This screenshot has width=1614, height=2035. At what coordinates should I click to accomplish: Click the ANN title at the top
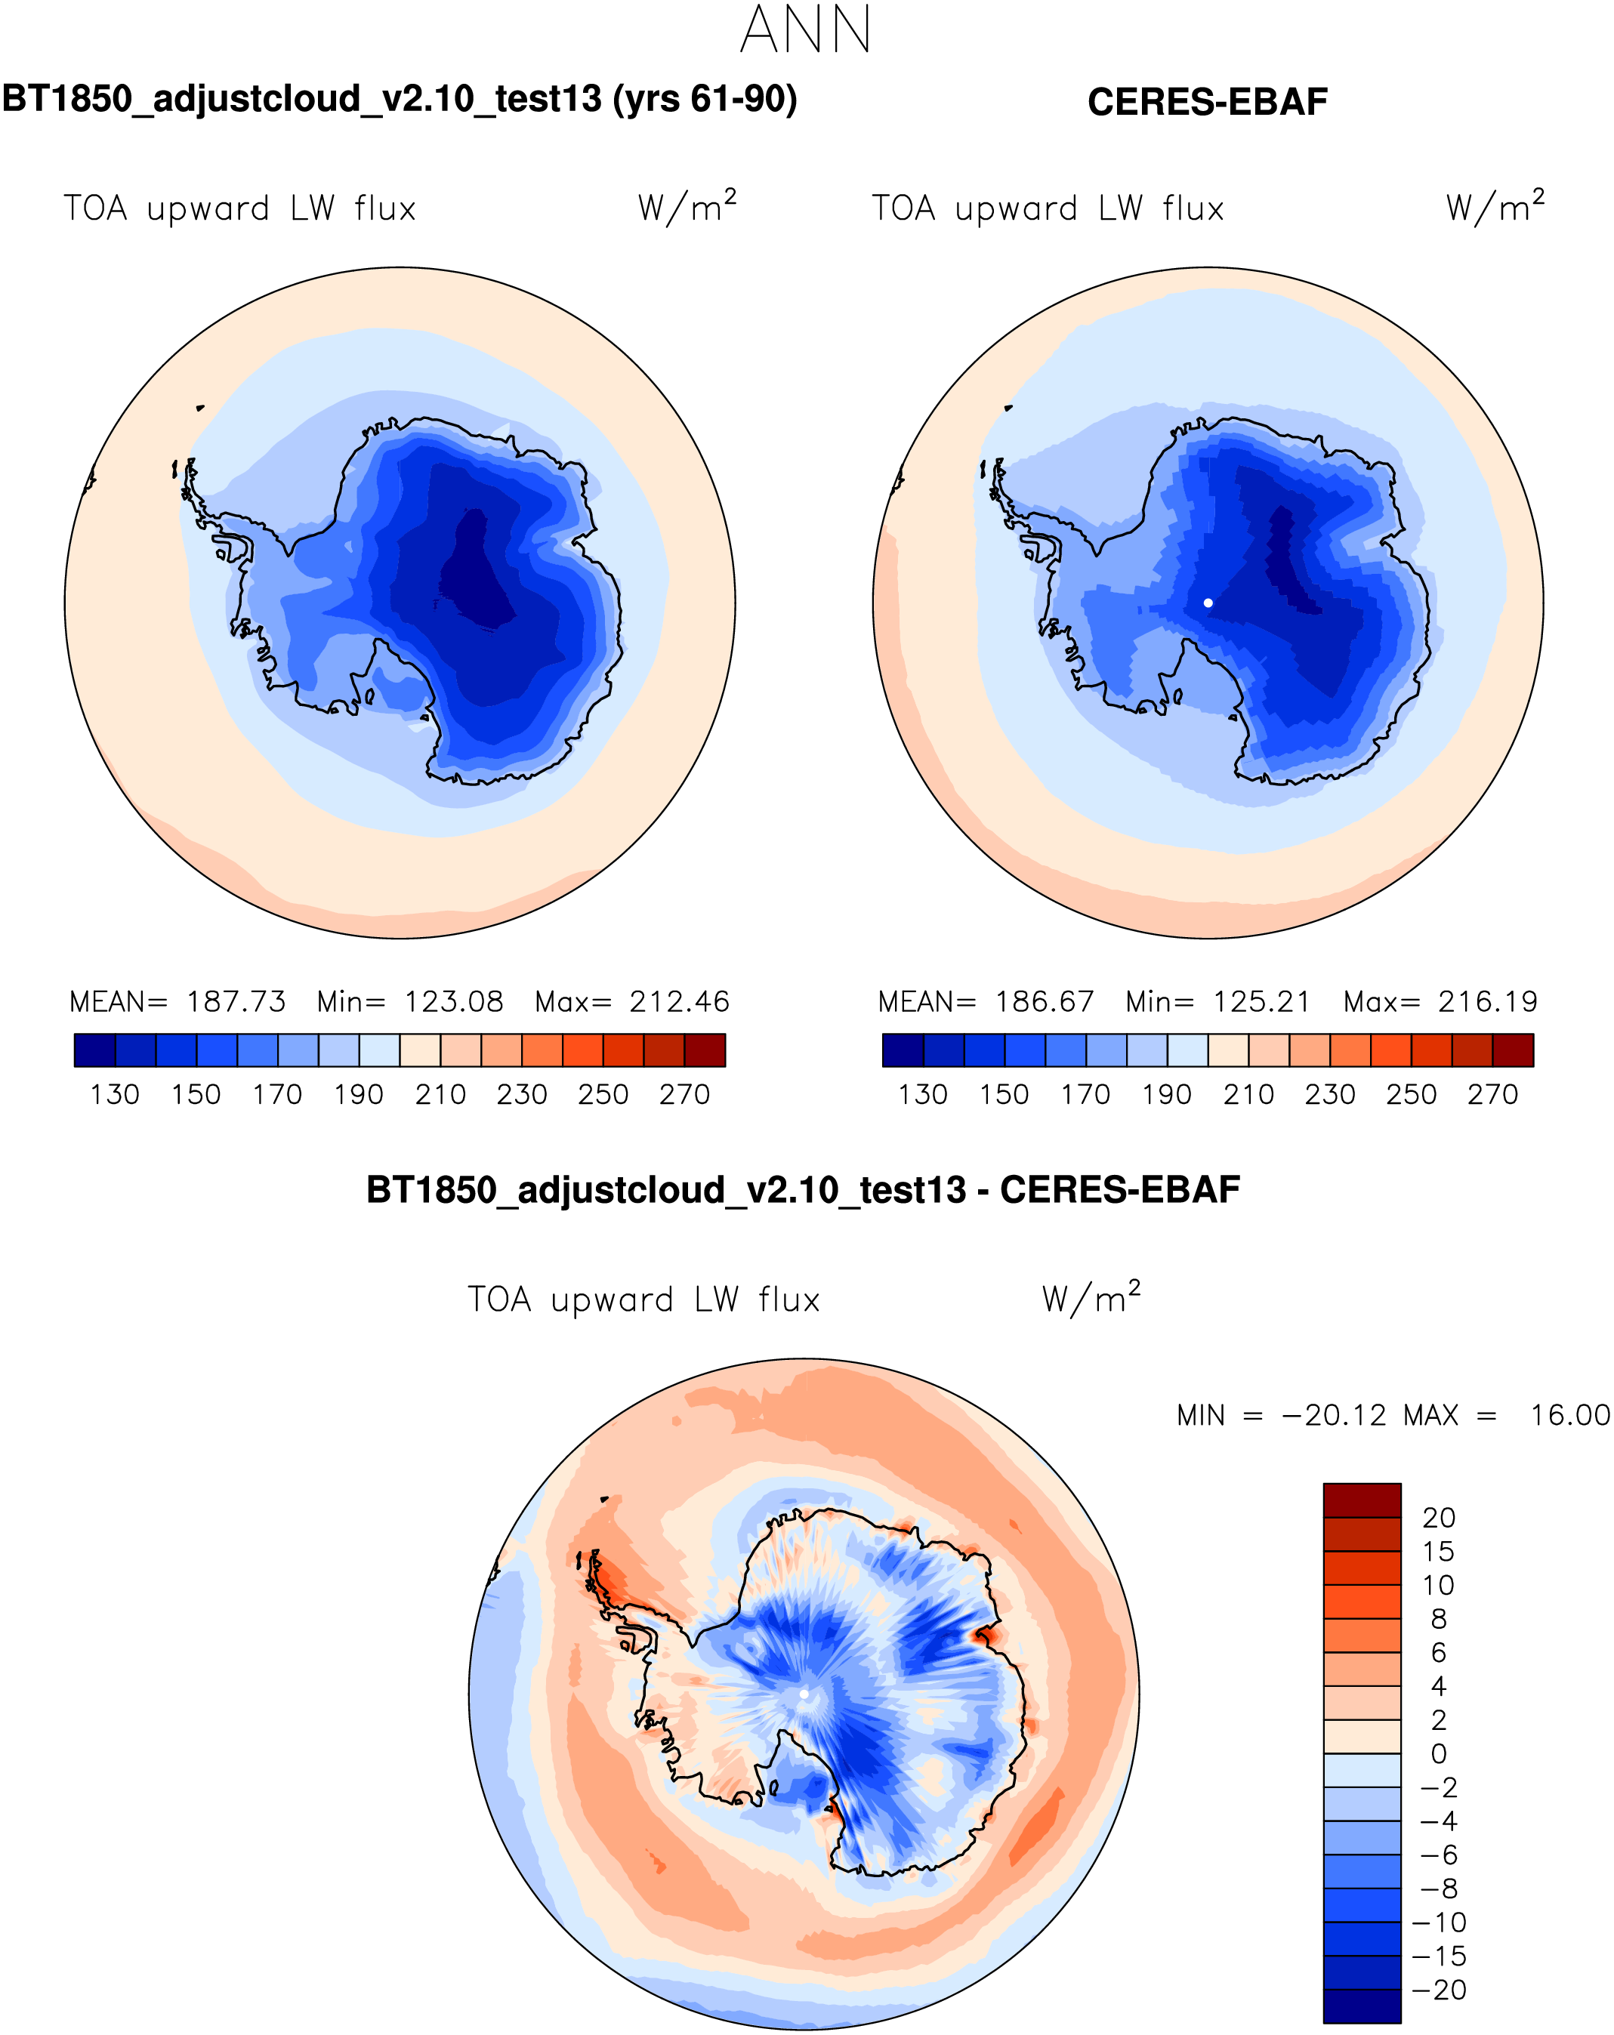(805, 30)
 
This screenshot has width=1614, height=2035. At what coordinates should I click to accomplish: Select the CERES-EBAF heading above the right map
(1206, 102)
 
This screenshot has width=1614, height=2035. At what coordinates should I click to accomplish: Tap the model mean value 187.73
(236, 1001)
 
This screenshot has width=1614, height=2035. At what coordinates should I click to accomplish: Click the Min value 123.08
(454, 1001)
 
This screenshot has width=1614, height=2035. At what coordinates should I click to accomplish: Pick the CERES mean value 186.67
(1045, 1001)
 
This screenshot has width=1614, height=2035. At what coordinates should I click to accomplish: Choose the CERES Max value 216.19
(1488, 1001)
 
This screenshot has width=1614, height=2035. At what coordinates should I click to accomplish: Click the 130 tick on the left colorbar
(114, 1095)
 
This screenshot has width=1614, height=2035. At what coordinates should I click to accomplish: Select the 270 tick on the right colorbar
(1492, 1095)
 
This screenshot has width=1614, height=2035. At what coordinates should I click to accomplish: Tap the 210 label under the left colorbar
(440, 1095)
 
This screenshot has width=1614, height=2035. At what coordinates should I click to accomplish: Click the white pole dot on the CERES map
(1207, 603)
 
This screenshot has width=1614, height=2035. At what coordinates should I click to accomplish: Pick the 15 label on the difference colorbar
(1439, 1551)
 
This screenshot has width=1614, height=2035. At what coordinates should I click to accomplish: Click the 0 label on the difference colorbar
(1439, 1753)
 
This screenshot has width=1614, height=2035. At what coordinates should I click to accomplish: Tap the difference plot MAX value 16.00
(1569, 1416)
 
